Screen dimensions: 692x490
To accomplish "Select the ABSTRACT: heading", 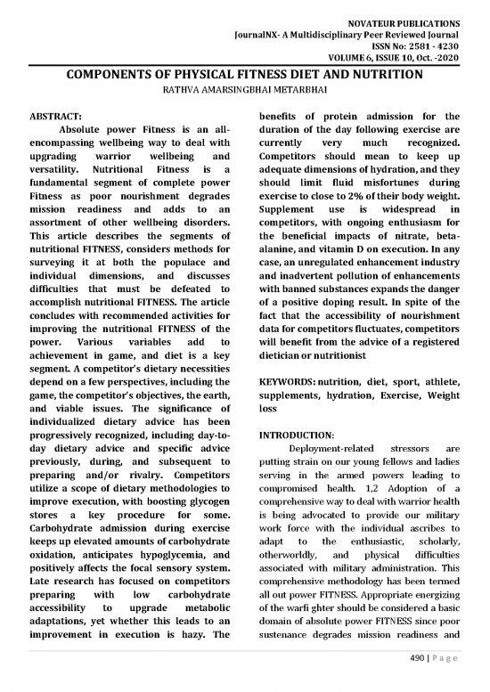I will click(x=55, y=117).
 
